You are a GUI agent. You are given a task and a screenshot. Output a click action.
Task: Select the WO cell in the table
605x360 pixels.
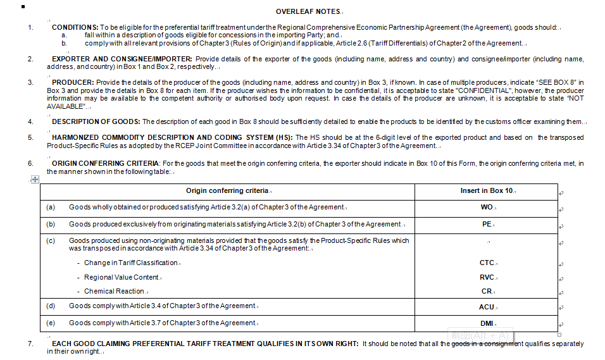pyautogui.click(x=486, y=207)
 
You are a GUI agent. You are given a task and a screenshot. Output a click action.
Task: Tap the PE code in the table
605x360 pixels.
pyautogui.click(x=485, y=224)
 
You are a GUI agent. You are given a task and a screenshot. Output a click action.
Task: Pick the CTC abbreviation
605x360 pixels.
pyautogui.click(x=487, y=263)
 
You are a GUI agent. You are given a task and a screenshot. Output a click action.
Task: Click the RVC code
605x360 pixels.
pyautogui.click(x=487, y=277)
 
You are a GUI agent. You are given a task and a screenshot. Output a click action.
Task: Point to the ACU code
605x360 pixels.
pyautogui.click(x=486, y=306)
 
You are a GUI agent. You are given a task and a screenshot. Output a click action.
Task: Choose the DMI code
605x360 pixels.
pyautogui.click(x=486, y=323)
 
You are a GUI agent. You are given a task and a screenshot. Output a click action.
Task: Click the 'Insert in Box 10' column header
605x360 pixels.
pyautogui.click(x=486, y=190)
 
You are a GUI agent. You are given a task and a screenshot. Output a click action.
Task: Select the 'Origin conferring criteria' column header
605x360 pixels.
pyautogui.click(x=227, y=190)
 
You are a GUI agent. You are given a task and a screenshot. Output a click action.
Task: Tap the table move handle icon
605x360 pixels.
pyautogui.click(x=35, y=180)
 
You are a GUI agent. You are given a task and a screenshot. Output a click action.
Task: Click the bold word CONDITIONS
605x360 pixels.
pyautogui.click(x=75, y=28)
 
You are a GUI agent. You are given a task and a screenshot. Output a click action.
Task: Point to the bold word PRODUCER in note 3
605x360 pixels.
pyautogui.click(x=73, y=83)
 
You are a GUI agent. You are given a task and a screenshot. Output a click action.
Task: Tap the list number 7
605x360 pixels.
pyautogui.click(x=30, y=344)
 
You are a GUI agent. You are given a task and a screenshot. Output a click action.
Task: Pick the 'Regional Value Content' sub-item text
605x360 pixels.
pyautogui.click(x=121, y=277)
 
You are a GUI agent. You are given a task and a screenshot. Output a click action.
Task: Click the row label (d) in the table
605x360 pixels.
pyautogui.click(x=51, y=306)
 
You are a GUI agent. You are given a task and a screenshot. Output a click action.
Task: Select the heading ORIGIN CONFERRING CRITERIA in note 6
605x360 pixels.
pyautogui.click(x=106, y=164)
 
